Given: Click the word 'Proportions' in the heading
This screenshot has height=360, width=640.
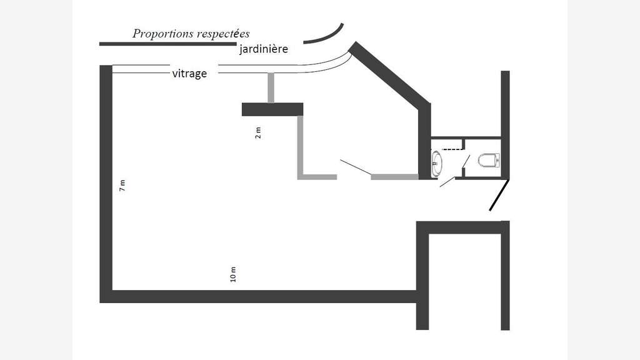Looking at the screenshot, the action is (162, 34).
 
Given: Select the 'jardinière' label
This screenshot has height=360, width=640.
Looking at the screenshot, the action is (263, 49).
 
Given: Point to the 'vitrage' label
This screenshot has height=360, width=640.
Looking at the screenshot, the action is (189, 74).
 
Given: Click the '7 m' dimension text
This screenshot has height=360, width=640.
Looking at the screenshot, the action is (122, 185).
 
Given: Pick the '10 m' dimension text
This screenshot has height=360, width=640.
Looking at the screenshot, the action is (233, 274).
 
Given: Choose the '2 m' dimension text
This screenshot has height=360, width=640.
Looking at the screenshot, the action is (257, 133).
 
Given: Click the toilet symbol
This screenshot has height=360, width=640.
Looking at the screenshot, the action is (489, 160).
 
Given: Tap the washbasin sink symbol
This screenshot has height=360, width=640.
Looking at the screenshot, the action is (436, 163).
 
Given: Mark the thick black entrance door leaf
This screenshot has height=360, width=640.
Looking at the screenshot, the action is (499, 195).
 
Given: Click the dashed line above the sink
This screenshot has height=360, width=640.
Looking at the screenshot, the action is (452, 149).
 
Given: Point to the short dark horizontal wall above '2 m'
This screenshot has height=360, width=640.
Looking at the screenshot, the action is (272, 109).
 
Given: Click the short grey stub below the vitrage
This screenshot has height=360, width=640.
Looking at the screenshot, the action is (271, 88).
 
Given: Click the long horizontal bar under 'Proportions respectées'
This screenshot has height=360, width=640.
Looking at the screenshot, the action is (168, 44).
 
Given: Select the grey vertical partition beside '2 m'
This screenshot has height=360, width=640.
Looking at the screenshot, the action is (301, 146).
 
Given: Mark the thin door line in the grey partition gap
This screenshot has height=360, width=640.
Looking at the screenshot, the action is (356, 169).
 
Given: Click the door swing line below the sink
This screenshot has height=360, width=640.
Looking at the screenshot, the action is (447, 182).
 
